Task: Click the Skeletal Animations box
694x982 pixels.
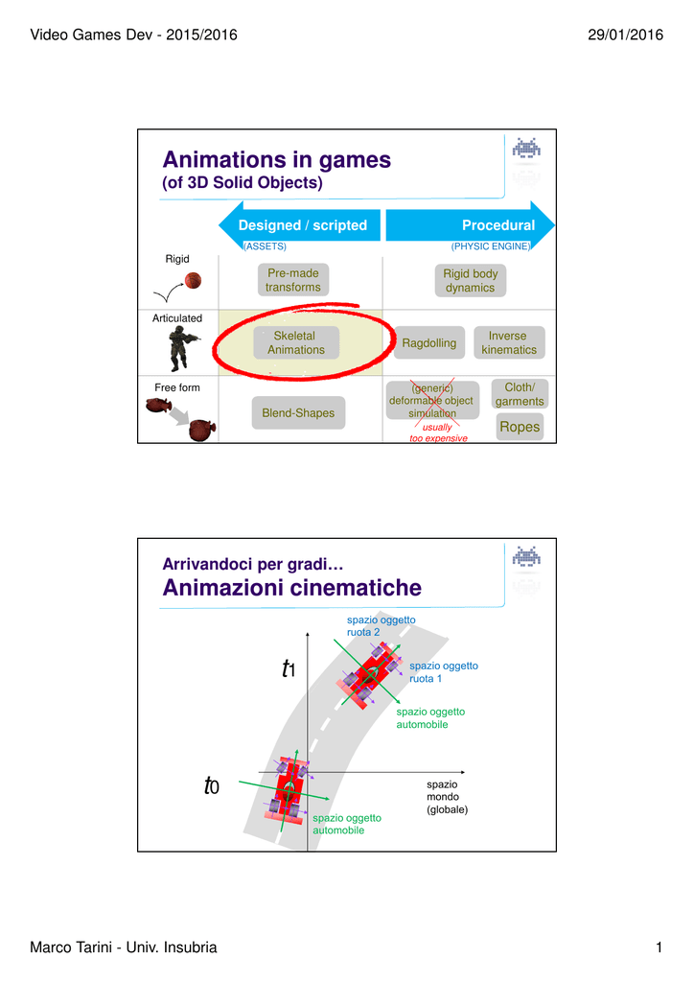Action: point(296,342)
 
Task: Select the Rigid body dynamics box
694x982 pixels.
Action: point(470,281)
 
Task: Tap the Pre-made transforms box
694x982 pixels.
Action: point(293,280)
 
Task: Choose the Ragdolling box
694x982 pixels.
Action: point(429,342)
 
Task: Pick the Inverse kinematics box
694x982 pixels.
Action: point(509,342)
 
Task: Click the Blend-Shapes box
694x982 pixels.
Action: point(298,412)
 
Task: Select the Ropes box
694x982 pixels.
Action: point(520,427)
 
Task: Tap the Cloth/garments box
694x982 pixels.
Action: point(520,394)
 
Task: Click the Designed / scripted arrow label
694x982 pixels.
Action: point(303,225)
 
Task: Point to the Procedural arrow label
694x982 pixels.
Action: point(498,225)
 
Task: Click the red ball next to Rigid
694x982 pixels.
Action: point(193,280)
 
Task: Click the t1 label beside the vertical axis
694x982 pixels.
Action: point(289,668)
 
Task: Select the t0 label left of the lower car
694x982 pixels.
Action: point(212,784)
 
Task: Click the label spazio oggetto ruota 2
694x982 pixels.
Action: point(382,626)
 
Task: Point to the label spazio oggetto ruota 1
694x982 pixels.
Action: point(444,672)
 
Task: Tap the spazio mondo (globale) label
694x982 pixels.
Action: point(447,797)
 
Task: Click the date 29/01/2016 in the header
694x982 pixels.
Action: point(625,35)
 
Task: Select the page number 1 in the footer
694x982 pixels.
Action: point(659,947)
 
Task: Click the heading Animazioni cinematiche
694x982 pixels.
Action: point(292,588)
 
